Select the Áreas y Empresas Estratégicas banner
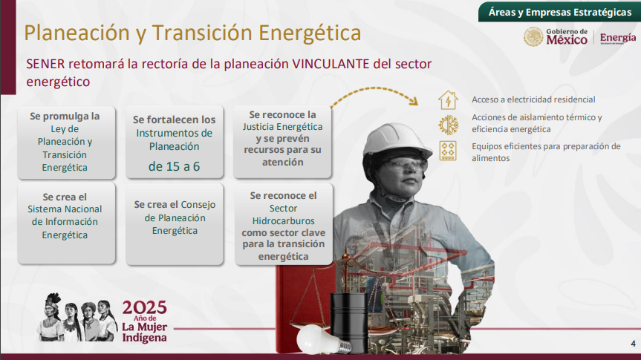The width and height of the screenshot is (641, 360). pyautogui.click(x=559, y=12)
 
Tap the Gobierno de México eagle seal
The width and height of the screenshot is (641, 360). pyautogui.click(x=533, y=37)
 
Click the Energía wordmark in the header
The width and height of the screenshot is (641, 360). pyautogui.click(x=618, y=38)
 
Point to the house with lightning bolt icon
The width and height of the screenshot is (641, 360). pyautogui.click(x=448, y=100)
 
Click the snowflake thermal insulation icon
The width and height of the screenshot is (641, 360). pyautogui.click(x=448, y=125)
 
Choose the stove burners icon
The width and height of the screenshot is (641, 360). pyautogui.click(x=448, y=151)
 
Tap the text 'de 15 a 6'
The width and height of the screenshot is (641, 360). pyautogui.click(x=174, y=167)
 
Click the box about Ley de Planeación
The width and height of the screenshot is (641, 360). pyautogui.click(x=66, y=143)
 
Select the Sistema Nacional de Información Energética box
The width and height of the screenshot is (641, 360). pyautogui.click(x=66, y=223)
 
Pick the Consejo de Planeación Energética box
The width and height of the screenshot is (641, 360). pyautogui.click(x=175, y=223)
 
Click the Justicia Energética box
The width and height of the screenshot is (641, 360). pyautogui.click(x=282, y=142)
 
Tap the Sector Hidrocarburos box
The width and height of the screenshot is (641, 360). pyautogui.click(x=284, y=224)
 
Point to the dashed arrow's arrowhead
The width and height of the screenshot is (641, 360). pyautogui.click(x=414, y=101)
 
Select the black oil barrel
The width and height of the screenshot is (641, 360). pyautogui.click(x=349, y=323)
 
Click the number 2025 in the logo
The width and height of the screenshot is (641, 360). pyautogui.click(x=144, y=307)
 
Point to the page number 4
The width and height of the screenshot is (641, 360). pyautogui.click(x=634, y=344)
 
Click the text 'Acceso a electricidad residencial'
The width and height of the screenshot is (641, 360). pyautogui.click(x=533, y=99)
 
